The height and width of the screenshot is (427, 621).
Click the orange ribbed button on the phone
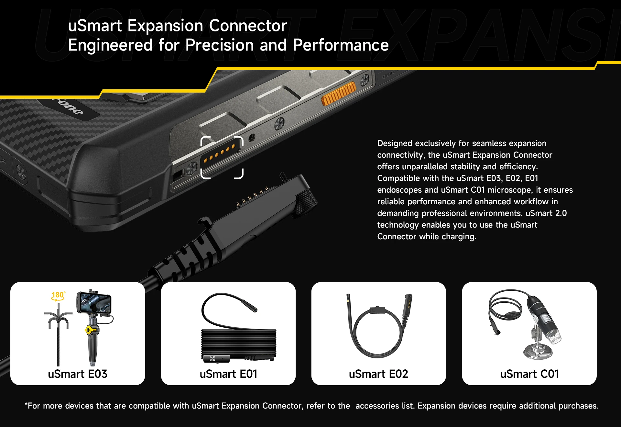(x=338, y=94)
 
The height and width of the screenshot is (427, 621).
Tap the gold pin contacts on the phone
(x=220, y=153)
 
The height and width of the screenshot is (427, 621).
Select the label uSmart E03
(x=78, y=374)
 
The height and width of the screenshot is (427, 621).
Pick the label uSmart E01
(x=228, y=374)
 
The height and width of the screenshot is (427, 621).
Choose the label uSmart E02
(x=378, y=374)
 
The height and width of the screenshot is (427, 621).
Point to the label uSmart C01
(x=529, y=374)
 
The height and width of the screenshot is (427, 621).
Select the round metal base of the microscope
(x=538, y=352)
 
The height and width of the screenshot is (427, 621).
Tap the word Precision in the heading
(x=220, y=45)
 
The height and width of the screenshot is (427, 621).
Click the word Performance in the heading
(x=341, y=45)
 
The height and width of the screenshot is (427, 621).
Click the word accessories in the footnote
(x=377, y=406)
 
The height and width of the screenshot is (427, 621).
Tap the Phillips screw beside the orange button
(x=365, y=80)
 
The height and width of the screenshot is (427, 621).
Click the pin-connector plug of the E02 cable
(x=407, y=306)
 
